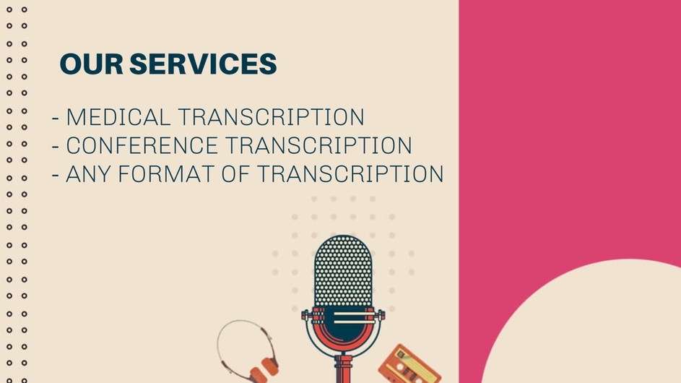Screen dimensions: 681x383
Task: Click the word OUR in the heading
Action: (92, 64)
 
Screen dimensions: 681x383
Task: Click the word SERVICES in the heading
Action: (203, 64)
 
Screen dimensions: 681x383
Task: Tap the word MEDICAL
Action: (118, 117)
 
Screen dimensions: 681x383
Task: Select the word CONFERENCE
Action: (142, 145)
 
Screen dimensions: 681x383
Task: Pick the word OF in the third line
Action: (235, 174)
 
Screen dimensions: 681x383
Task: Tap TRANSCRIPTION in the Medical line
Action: (272, 117)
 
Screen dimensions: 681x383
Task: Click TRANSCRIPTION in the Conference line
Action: (318, 145)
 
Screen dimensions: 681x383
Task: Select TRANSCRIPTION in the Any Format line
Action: (350, 174)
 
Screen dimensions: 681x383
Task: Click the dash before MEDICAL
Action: (55, 119)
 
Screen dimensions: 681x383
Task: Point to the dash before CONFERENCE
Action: (55, 147)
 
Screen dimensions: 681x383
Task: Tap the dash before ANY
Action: (55, 175)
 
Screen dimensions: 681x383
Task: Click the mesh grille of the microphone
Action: (343, 272)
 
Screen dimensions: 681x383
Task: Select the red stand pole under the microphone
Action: (343, 369)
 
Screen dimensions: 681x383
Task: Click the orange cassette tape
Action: (409, 365)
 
